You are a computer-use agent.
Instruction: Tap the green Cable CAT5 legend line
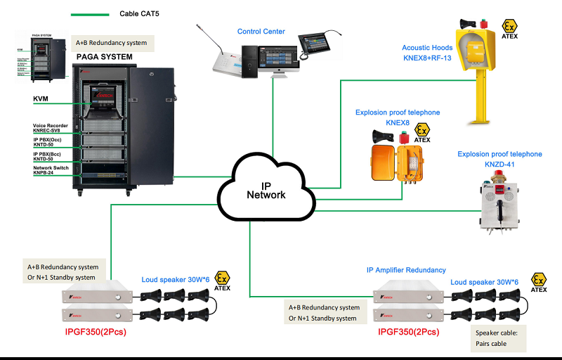(90, 14)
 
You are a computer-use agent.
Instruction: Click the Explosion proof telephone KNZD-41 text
(499, 159)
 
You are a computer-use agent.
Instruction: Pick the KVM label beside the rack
(40, 100)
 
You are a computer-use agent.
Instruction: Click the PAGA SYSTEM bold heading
(104, 56)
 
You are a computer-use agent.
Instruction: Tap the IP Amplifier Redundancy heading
(406, 270)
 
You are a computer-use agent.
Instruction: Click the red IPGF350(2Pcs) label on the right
(410, 330)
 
